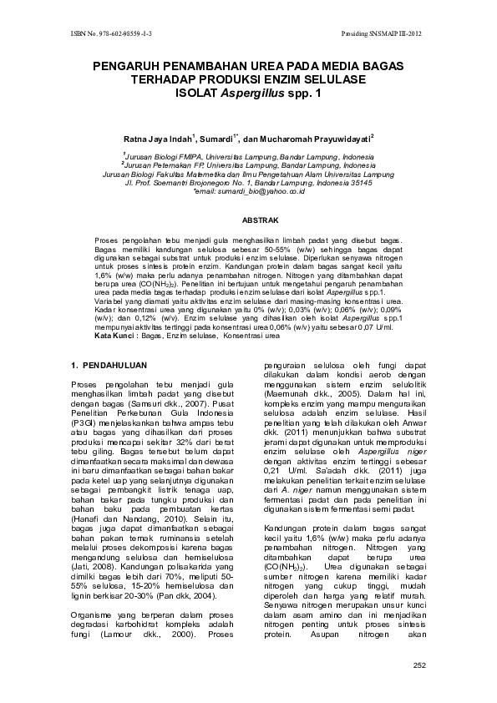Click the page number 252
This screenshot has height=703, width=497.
point(419,665)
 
